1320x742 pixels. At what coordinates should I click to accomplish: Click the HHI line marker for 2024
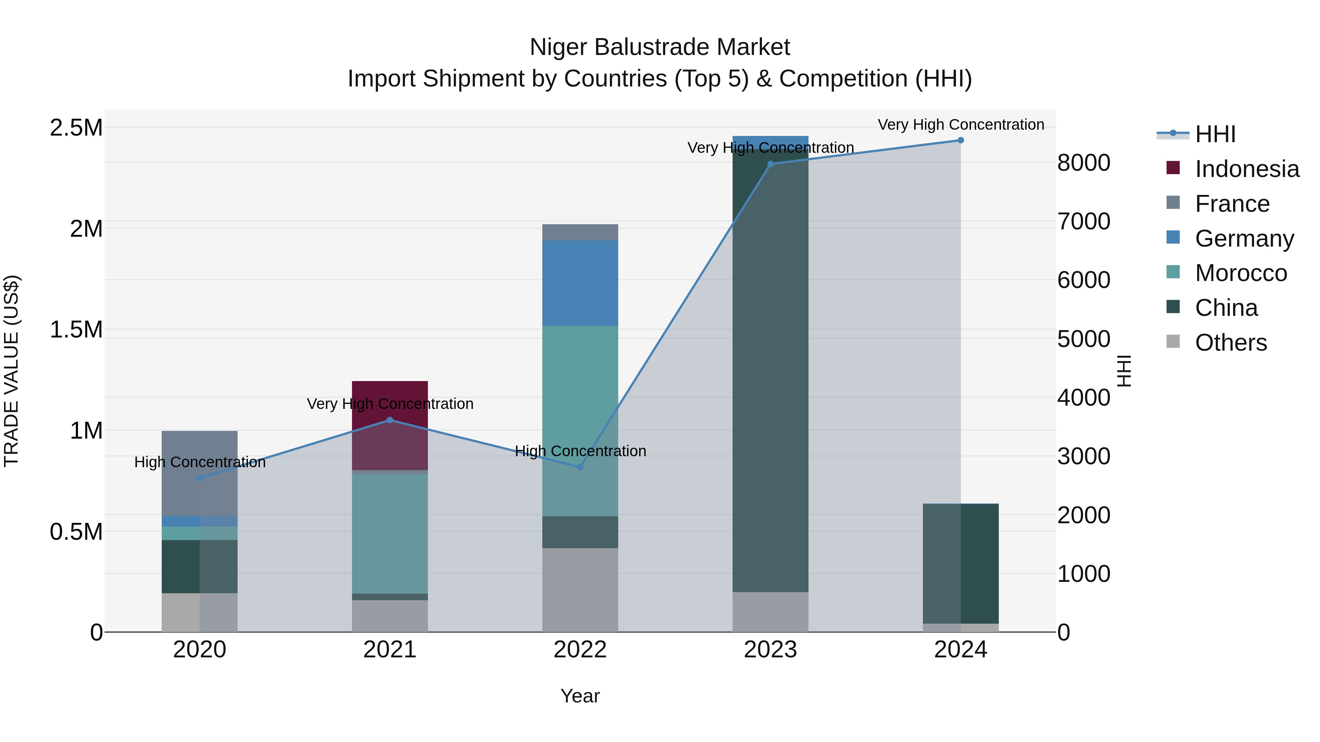(960, 140)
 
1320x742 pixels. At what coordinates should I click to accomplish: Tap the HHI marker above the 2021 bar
(390, 420)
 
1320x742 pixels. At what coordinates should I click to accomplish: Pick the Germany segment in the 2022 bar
(580, 283)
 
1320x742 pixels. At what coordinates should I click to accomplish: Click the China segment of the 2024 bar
(960, 563)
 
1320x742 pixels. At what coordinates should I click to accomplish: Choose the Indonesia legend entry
(1246, 169)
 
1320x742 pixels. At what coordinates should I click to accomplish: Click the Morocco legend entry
(1240, 273)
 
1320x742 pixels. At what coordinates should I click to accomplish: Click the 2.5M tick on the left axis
(76, 128)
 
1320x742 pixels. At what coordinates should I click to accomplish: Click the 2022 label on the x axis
(580, 650)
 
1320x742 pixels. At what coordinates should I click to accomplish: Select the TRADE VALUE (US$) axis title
(11, 371)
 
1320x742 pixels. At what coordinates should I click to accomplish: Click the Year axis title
(580, 696)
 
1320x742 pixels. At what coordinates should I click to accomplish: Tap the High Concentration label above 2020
(200, 462)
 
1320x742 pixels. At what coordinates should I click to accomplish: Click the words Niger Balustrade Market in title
(660, 47)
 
